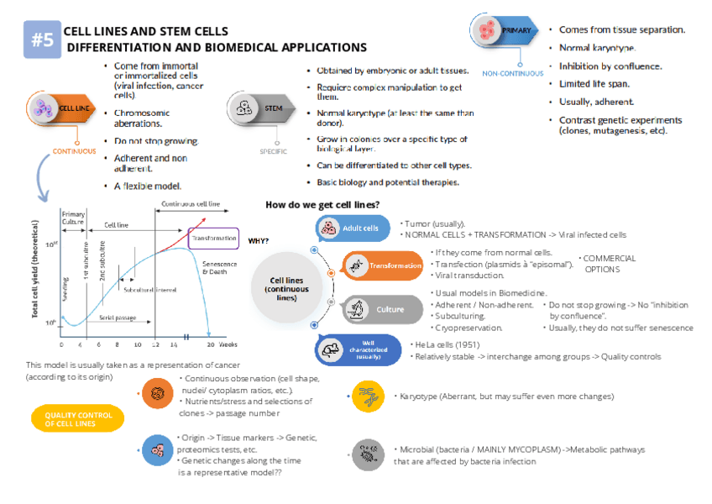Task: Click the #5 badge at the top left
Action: [x=42, y=39]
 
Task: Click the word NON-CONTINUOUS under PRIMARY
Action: [x=512, y=73]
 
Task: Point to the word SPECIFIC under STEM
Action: [x=273, y=152]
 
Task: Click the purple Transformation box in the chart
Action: [x=214, y=238]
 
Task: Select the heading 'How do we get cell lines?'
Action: [x=322, y=205]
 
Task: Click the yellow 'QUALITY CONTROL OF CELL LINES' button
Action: [x=76, y=419]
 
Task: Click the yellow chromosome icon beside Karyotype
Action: [x=368, y=396]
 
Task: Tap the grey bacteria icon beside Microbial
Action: [x=368, y=454]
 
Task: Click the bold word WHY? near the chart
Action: [x=258, y=241]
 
